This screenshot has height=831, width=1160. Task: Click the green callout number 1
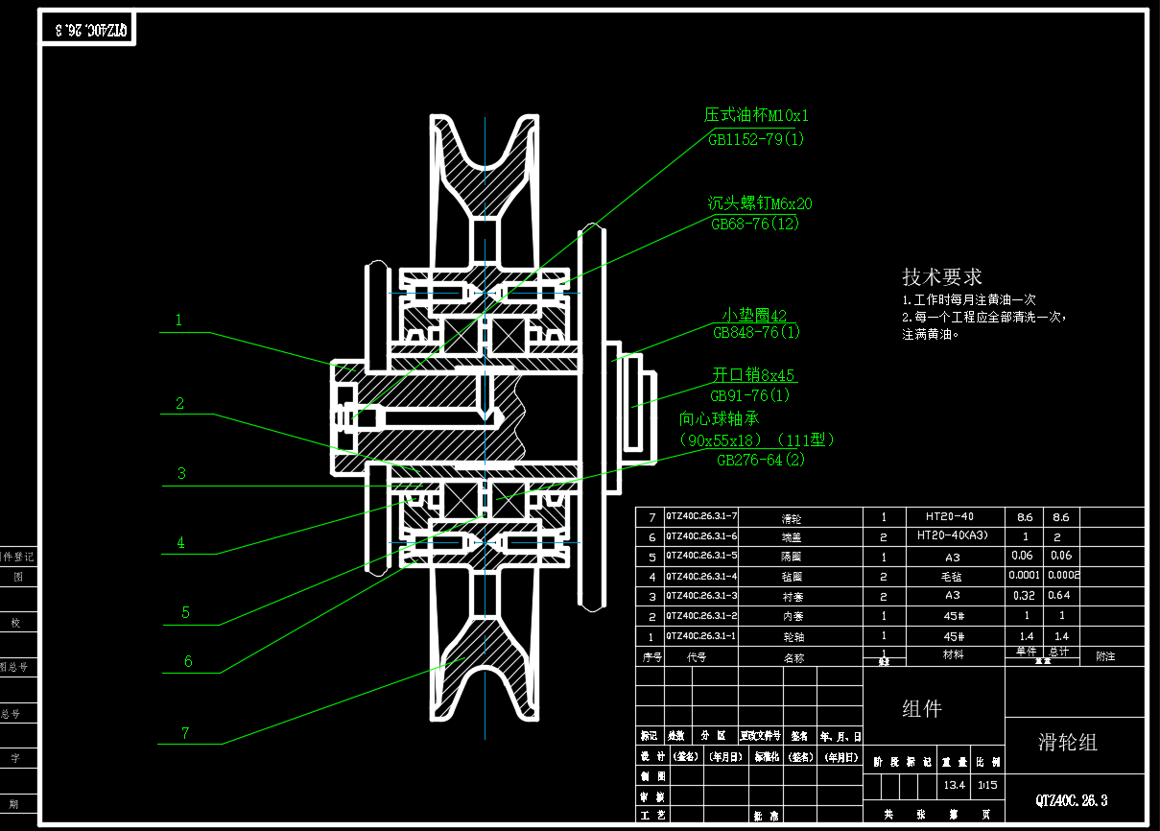point(178,321)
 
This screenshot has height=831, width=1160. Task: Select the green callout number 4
point(180,543)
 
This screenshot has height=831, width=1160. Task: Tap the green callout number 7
point(185,734)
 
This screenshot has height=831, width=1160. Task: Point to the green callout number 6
point(188,661)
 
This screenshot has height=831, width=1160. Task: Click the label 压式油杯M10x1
point(756,116)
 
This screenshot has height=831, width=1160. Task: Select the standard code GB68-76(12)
point(755,225)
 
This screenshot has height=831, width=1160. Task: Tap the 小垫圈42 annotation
point(754,316)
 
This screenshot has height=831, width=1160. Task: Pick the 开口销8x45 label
point(753,375)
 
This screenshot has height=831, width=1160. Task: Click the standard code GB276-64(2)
point(761,461)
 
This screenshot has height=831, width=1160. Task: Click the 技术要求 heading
point(942,277)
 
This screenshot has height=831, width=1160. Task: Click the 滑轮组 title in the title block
point(1067,743)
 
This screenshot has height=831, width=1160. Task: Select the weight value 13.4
point(955,785)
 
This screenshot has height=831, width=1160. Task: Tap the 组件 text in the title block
point(921,709)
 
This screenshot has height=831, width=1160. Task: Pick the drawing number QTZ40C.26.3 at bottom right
point(1071,799)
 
